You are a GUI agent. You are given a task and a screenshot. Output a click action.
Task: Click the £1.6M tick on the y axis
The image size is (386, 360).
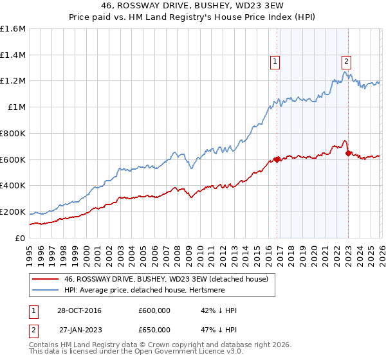tap(13, 29)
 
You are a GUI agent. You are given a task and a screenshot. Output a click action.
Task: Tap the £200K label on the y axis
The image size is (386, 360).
tap(13, 212)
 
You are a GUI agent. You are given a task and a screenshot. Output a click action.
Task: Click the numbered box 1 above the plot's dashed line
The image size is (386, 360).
tap(275, 62)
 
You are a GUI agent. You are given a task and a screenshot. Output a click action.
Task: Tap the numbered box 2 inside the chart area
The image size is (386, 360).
tap(346, 62)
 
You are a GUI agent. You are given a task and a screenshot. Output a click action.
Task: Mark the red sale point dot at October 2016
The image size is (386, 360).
tap(277, 159)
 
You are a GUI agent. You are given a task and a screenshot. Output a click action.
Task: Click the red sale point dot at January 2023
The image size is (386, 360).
tap(348, 152)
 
